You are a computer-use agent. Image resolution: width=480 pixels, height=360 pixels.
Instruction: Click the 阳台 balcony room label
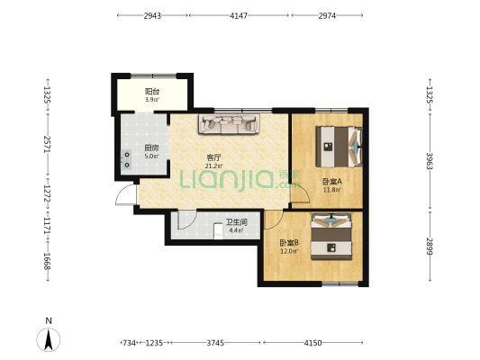coord(152,91)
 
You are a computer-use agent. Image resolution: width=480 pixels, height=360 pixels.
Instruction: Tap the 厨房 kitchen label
coord(152,148)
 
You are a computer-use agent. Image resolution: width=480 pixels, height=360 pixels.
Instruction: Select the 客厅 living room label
coord(214,157)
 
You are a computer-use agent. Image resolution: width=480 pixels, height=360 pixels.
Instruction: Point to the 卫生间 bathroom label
coord(237,222)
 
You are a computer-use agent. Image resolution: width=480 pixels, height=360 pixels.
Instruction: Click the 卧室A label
coord(332,182)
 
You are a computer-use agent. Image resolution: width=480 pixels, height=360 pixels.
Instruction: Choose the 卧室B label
coord(289,243)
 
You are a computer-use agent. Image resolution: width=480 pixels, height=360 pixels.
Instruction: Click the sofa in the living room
coord(229,124)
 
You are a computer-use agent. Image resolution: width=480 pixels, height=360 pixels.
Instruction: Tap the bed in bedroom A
coord(340,147)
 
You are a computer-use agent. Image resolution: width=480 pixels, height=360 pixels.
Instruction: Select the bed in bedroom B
coord(331,237)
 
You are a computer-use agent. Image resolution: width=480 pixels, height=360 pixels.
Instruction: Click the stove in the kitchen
coord(126,159)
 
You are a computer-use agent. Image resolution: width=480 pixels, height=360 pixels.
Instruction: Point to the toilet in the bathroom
coord(218,231)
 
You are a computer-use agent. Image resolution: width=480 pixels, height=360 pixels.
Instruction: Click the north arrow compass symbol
coord(48,339)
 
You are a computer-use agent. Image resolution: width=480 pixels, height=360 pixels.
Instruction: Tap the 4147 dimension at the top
coord(239,15)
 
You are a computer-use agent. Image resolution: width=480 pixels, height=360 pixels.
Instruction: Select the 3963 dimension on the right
coord(430,161)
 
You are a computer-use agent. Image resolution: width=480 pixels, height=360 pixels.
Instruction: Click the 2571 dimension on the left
coord(47,144)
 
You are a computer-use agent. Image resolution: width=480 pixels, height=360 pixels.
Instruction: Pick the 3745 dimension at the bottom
coord(215,343)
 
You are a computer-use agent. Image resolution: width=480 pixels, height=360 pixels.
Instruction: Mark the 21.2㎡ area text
coord(214,166)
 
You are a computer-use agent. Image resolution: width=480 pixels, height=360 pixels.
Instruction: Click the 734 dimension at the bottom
coord(129,343)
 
